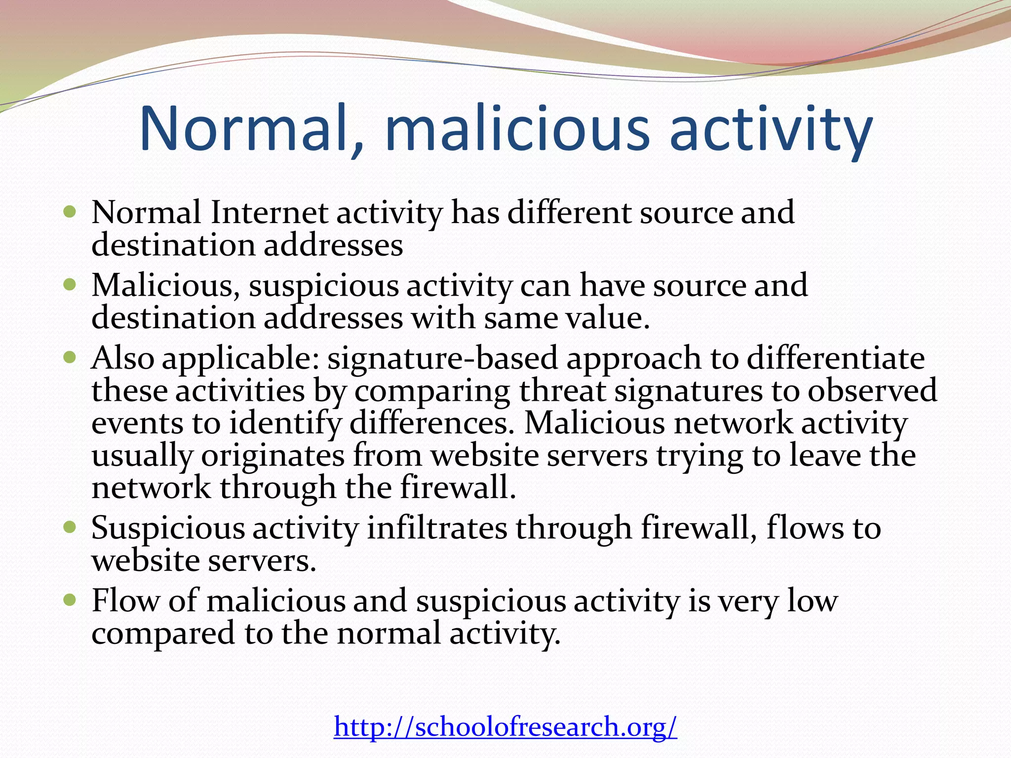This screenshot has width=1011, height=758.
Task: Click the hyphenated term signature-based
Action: (x=442, y=359)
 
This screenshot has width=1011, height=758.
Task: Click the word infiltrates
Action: (x=437, y=529)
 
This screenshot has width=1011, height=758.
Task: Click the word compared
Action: (x=163, y=634)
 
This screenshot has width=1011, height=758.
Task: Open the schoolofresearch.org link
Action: (x=505, y=727)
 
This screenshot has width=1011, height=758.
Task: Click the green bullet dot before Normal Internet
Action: (x=70, y=213)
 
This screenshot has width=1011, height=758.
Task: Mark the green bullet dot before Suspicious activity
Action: (x=70, y=528)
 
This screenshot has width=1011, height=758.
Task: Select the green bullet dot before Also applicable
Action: (x=70, y=357)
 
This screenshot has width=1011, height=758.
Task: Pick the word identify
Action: (x=285, y=424)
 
